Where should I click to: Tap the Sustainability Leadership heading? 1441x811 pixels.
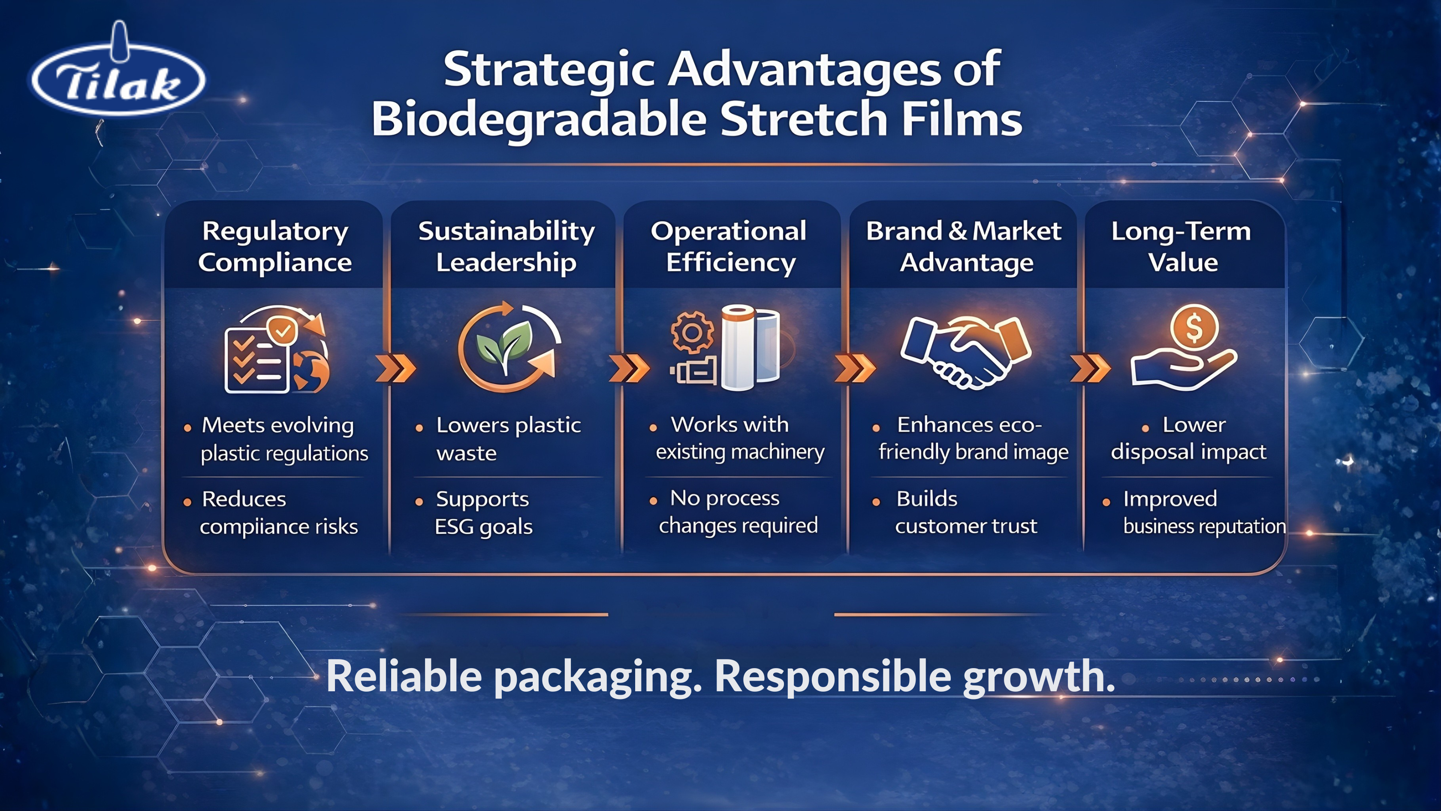(x=506, y=246)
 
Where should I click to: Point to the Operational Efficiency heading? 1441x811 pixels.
(x=730, y=246)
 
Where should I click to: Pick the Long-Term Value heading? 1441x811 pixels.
(x=1182, y=246)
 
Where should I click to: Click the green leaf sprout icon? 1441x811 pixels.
(x=505, y=345)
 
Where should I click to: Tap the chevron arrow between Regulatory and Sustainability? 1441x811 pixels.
(x=396, y=368)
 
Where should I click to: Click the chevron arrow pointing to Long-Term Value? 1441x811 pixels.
(x=1090, y=368)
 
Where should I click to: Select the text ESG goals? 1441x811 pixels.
(x=484, y=527)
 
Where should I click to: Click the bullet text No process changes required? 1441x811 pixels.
(x=737, y=511)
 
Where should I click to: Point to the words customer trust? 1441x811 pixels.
(x=966, y=526)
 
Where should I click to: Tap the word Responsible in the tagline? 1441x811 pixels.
(x=832, y=677)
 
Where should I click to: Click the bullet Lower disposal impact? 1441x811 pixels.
(x=1188, y=438)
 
